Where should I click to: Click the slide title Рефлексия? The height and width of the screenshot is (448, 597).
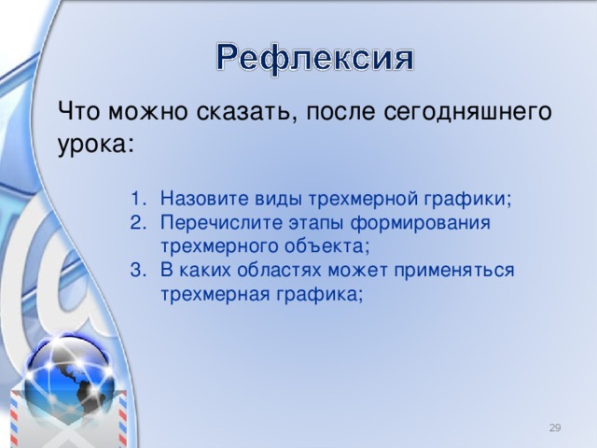point(315,60)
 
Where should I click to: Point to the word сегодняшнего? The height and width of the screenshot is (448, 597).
point(461,113)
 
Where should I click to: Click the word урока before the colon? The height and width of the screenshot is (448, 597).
point(91,145)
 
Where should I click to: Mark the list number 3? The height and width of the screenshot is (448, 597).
point(138,271)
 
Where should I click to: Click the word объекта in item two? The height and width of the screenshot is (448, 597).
point(330,246)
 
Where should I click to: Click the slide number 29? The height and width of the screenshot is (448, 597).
point(554,427)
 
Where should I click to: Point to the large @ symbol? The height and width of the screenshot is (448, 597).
point(51,271)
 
